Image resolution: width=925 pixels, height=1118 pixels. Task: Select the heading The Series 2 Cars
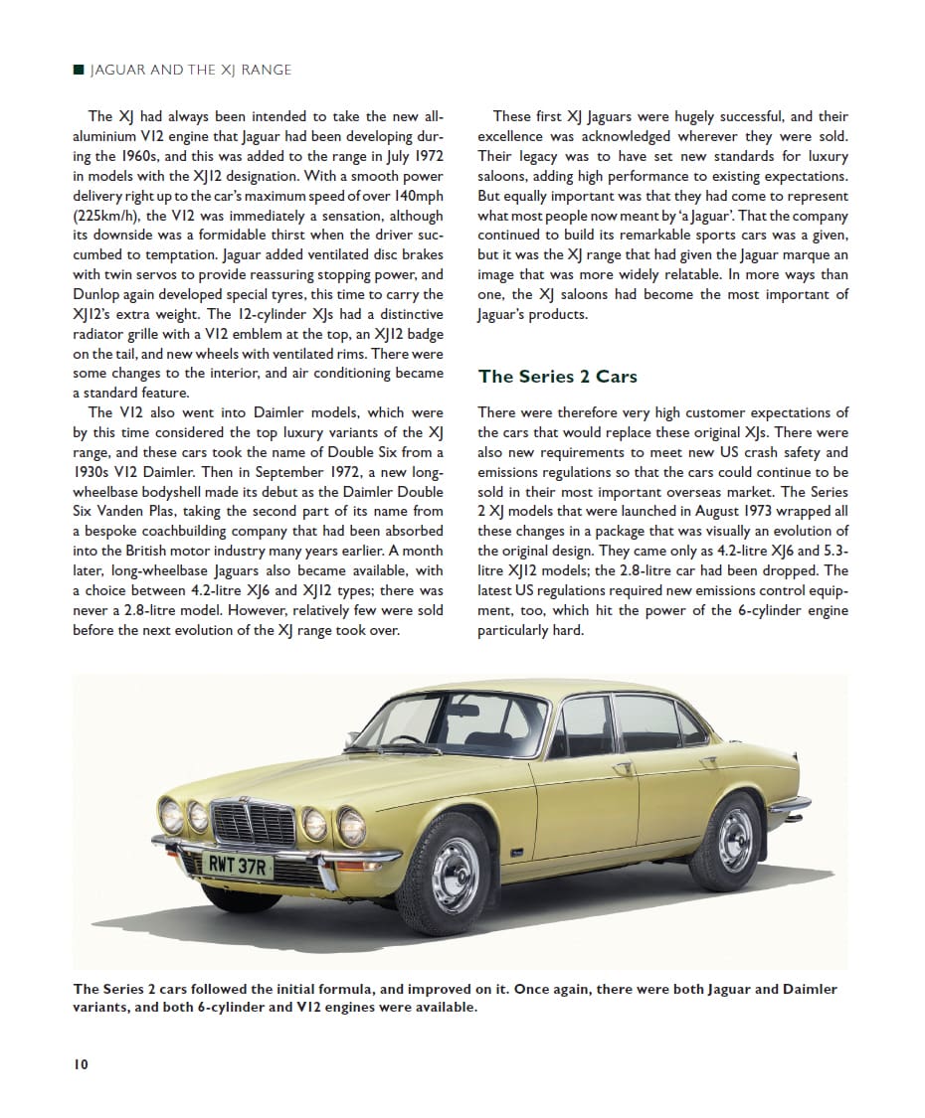coord(557,377)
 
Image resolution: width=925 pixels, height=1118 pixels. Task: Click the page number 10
coord(81,1064)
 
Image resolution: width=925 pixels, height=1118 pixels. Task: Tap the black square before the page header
coord(79,70)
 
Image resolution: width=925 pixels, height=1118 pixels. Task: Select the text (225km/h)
coord(107,216)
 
